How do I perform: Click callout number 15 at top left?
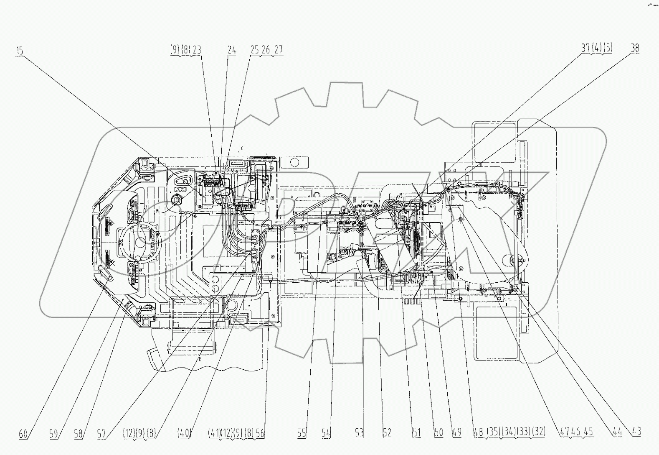(20, 51)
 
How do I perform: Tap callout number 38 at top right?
(634, 48)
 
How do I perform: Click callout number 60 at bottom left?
(23, 434)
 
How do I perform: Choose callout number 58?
(78, 434)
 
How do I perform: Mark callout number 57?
(102, 434)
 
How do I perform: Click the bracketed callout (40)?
(184, 434)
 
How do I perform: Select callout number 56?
(260, 434)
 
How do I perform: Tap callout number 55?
(302, 434)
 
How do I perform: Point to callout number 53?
(359, 433)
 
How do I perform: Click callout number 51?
(416, 433)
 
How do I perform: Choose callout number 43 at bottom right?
(636, 431)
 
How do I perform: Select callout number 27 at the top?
(279, 49)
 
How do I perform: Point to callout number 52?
(387, 433)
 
